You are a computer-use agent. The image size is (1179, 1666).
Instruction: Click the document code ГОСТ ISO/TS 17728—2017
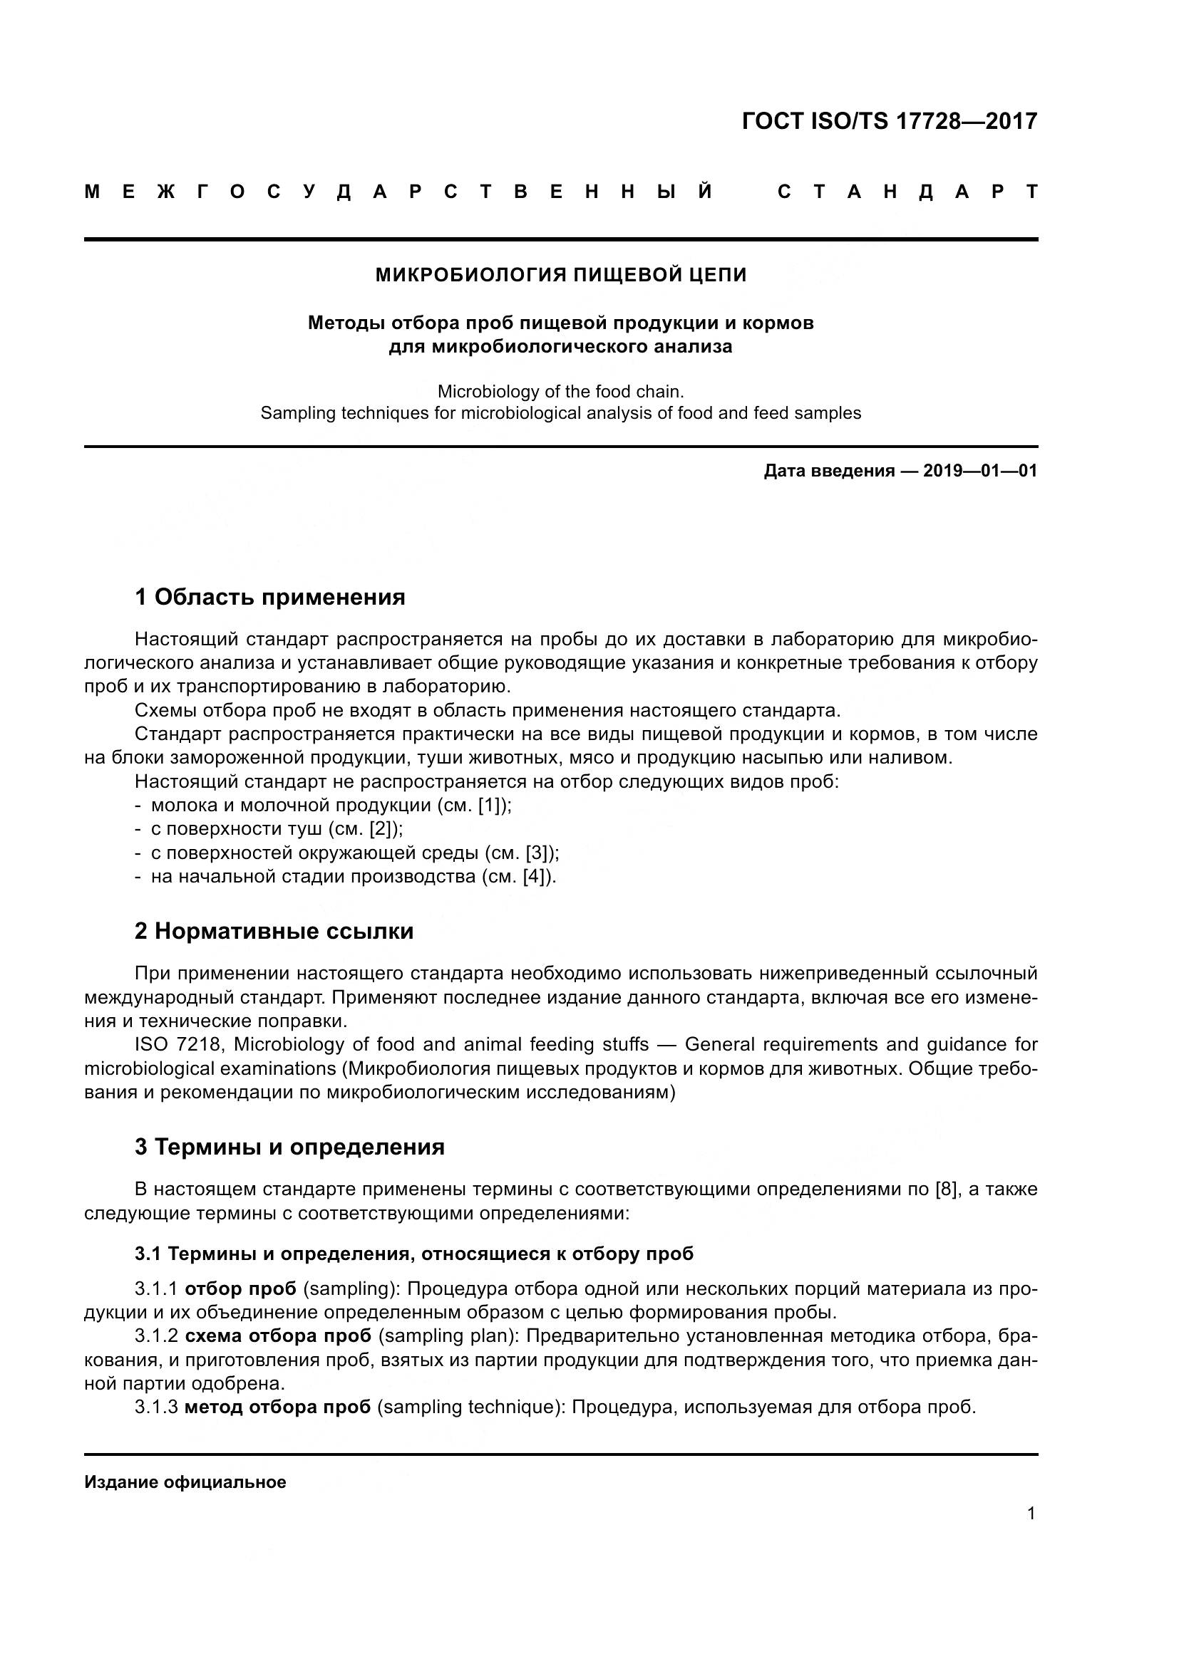pos(890,120)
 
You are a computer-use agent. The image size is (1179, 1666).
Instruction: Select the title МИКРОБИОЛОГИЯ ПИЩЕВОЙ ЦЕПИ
pos(560,275)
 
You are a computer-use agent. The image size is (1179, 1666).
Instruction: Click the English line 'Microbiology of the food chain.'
pos(560,392)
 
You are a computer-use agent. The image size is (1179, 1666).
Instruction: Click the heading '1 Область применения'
pos(269,597)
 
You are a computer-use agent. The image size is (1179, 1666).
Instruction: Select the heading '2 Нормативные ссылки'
pos(274,931)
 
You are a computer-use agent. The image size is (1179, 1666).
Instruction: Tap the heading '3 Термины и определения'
pos(289,1147)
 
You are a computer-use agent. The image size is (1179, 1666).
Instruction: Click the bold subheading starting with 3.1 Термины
pos(414,1254)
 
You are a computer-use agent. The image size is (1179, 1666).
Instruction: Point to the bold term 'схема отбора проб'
pos(278,1336)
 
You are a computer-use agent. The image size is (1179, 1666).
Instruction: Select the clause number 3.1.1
pos(156,1288)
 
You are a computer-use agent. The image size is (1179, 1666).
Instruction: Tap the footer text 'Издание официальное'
pos(185,1482)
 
